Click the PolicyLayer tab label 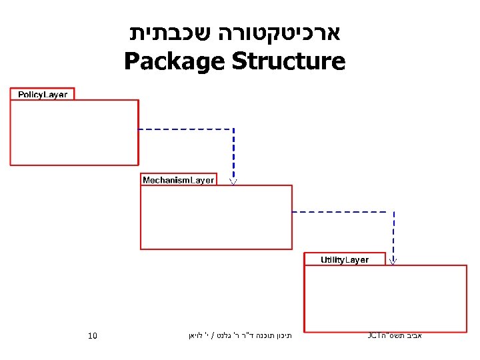coord(42,95)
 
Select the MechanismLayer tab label coord(178,180)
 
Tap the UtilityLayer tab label coord(344,259)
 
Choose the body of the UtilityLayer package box coord(385,297)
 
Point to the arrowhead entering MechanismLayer coord(233,180)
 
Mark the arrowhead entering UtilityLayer coord(393,260)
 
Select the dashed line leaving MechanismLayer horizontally coord(343,212)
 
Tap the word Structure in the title coord(289,62)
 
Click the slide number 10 coord(93,335)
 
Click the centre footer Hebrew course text coord(239,335)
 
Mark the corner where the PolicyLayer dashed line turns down coord(233,129)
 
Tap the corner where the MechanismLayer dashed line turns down coord(393,212)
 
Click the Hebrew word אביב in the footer coord(413,335)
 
